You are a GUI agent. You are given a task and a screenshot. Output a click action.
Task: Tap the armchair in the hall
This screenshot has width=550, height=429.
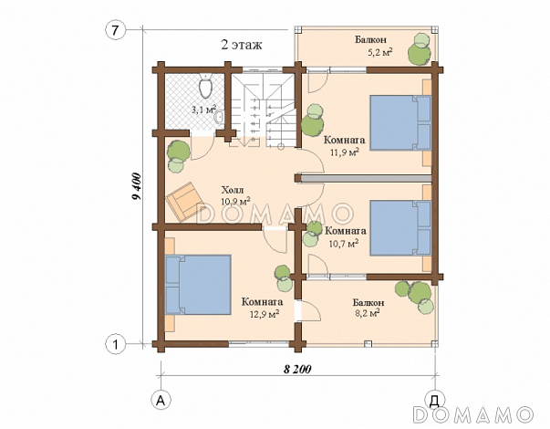(x=182, y=202)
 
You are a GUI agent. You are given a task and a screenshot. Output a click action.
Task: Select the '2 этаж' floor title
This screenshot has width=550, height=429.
(x=242, y=45)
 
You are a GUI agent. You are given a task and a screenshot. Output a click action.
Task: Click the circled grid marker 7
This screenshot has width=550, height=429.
(x=115, y=31)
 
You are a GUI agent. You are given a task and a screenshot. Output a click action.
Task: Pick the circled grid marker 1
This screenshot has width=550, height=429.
(x=115, y=345)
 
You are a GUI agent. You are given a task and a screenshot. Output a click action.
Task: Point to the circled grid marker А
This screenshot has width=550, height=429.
(x=161, y=400)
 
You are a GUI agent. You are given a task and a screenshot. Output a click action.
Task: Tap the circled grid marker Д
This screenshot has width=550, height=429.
(x=434, y=400)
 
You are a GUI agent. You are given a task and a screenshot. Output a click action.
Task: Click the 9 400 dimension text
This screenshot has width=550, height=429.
(x=136, y=186)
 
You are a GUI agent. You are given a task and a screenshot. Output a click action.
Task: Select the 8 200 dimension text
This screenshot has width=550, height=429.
(x=297, y=370)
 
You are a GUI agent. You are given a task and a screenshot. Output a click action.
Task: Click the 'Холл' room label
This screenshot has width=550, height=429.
(x=232, y=190)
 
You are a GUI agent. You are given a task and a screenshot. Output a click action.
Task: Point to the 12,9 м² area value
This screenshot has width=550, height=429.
(x=265, y=313)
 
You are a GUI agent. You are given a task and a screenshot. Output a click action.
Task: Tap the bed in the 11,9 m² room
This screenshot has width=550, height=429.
(x=400, y=122)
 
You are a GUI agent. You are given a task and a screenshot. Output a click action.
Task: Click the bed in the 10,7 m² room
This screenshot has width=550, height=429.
(x=400, y=227)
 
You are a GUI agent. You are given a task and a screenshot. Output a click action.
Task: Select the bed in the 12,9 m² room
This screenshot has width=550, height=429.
(x=198, y=285)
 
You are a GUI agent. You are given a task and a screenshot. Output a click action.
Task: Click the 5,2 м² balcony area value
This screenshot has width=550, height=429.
(x=379, y=52)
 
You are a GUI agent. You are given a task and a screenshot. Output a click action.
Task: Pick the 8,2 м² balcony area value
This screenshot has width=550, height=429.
(x=368, y=312)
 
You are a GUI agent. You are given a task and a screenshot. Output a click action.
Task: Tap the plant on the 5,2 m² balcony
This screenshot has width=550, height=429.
(x=420, y=48)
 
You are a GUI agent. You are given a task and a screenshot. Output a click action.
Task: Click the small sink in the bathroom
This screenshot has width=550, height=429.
(x=220, y=116)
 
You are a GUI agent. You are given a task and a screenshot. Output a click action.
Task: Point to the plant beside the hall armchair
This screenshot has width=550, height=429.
(x=176, y=157)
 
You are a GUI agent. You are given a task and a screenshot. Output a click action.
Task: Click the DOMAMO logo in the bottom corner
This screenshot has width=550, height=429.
(x=472, y=414)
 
